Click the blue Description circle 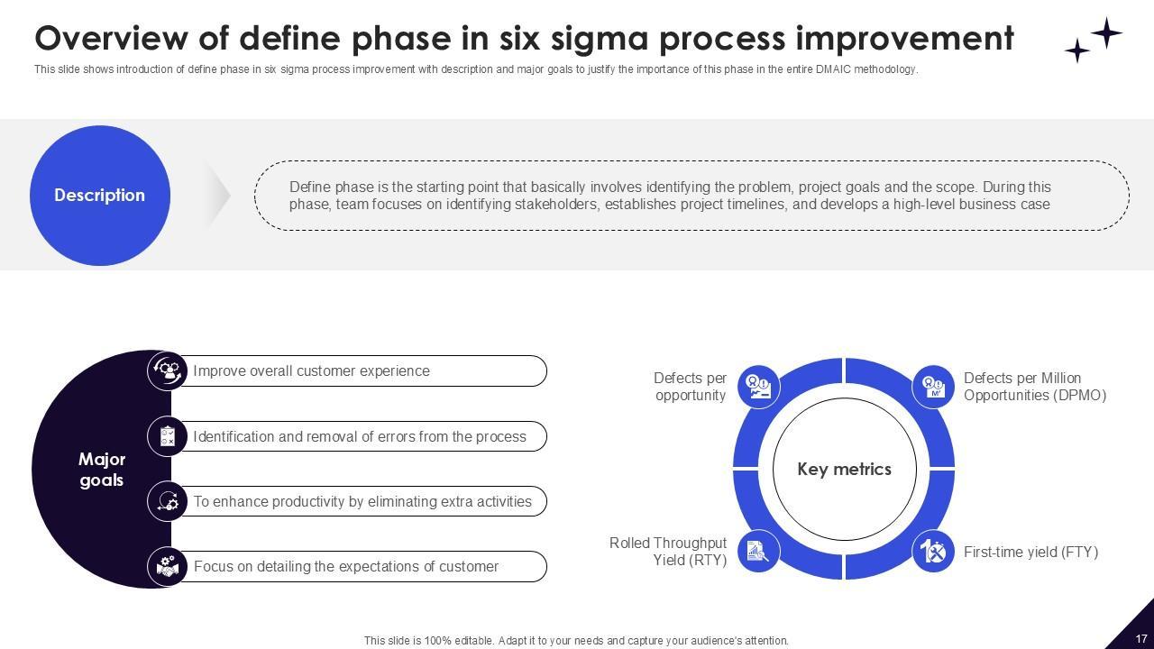click(100, 196)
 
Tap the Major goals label click(102, 470)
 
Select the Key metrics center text click(844, 470)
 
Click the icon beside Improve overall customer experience click(168, 370)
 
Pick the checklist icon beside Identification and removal click(168, 436)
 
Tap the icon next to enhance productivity click(168, 501)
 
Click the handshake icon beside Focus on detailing click(168, 566)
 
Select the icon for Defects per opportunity click(758, 387)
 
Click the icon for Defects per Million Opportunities click(934, 387)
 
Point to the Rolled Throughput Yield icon click(758, 551)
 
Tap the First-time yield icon click(934, 551)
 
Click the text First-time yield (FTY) click(1030, 552)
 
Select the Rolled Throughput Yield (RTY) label click(668, 552)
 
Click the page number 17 click(1141, 638)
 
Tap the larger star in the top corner click(1106, 33)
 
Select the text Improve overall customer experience click(311, 371)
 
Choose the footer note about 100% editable click(576, 641)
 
